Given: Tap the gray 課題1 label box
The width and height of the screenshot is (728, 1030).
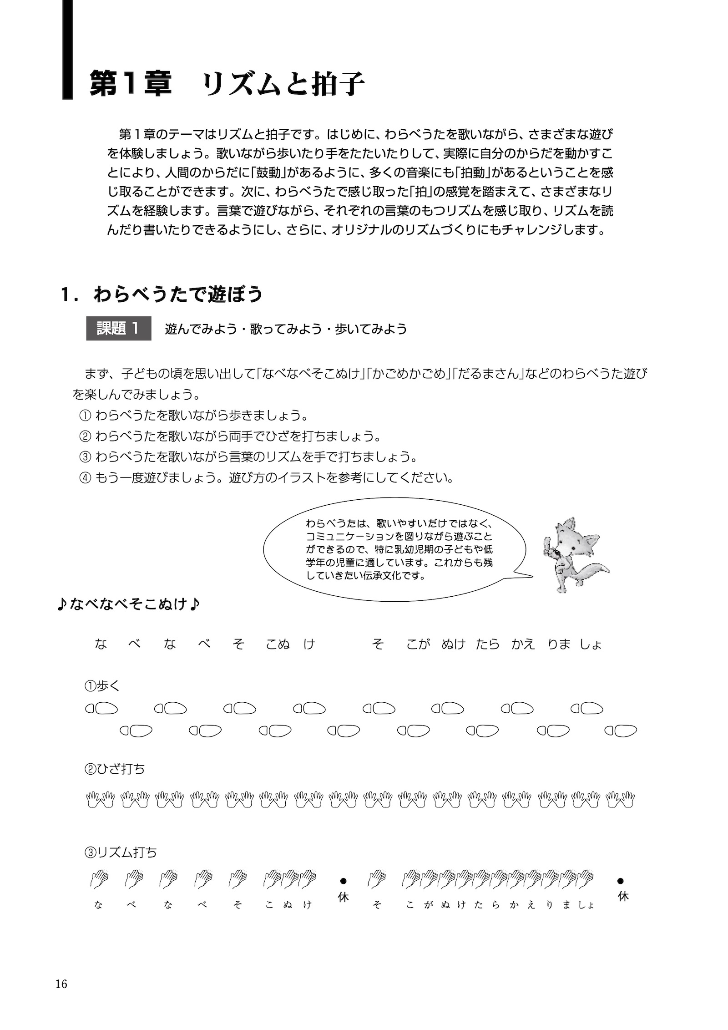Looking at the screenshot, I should (118, 329).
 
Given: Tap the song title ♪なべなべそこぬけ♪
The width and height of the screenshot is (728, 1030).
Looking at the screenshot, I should (129, 604).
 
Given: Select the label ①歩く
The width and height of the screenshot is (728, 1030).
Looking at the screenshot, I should (102, 686).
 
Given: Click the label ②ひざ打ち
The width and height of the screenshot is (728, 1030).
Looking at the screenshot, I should (115, 769).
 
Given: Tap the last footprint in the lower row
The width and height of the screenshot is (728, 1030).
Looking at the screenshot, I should (621, 731).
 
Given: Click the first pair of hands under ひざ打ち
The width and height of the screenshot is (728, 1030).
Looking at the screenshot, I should (100, 800).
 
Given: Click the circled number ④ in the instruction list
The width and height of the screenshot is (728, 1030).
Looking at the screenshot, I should (85, 478).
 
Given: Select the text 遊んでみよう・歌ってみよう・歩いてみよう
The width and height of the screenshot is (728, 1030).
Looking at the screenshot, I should (286, 329).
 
